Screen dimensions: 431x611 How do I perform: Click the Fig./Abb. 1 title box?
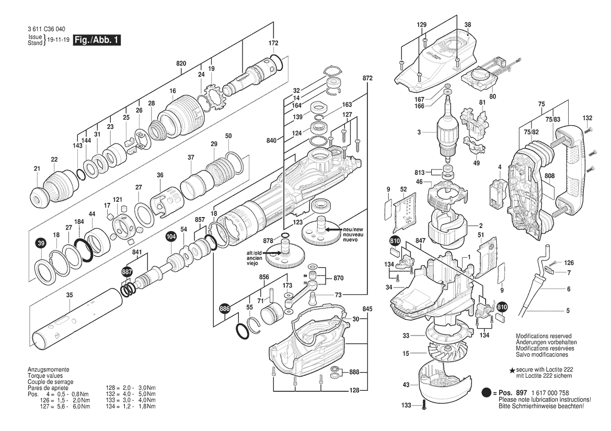click(x=97, y=40)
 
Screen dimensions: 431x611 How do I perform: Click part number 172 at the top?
click(x=273, y=43)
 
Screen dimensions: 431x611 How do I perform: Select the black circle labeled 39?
click(x=41, y=243)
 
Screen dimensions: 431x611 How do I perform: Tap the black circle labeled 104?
click(x=171, y=236)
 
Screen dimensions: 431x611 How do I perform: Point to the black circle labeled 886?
click(x=225, y=308)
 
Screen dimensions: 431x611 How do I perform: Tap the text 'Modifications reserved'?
click(x=543, y=336)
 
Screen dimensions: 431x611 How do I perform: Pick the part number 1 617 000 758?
click(x=549, y=393)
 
